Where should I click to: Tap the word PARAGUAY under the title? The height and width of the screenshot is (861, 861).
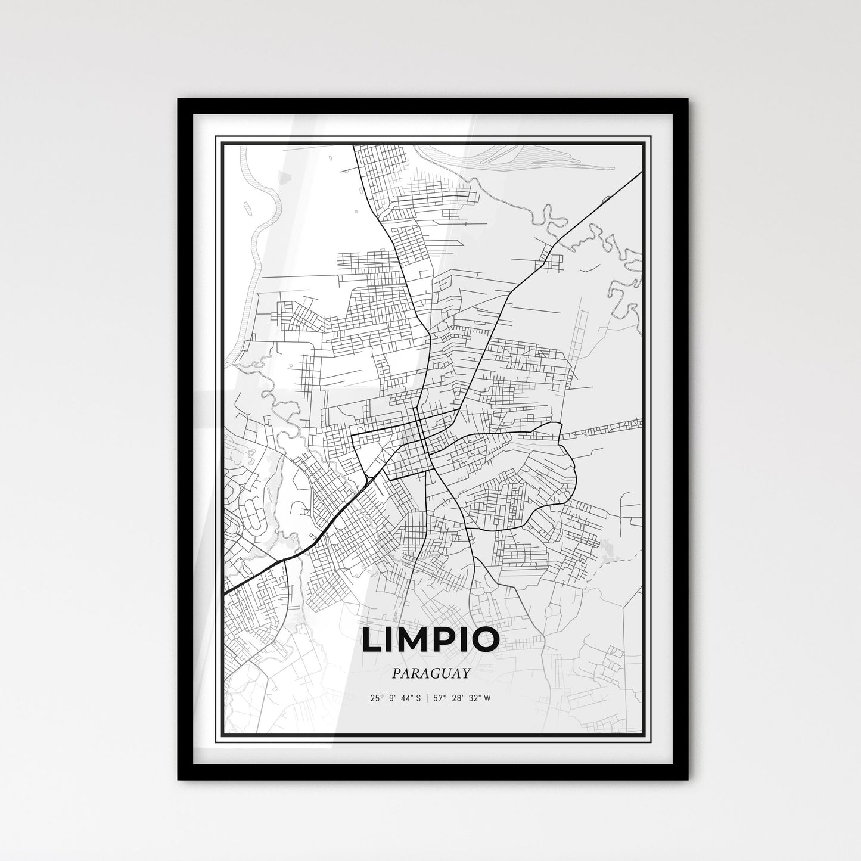(430, 673)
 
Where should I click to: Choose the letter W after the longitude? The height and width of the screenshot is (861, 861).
(487, 699)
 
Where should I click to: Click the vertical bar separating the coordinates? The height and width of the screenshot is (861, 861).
(429, 699)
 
